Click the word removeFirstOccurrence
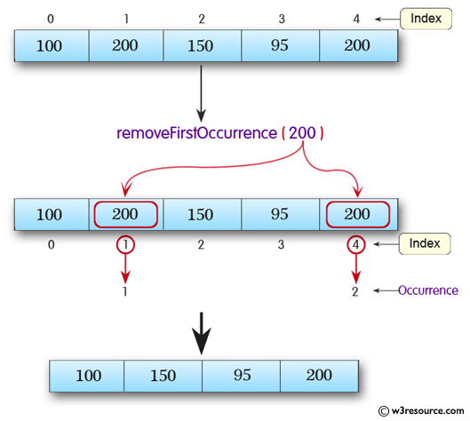coord(196,133)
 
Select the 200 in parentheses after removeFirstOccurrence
coord(302,133)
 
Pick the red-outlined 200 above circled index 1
coord(125,215)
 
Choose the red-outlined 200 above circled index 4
coord(356,215)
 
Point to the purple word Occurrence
coord(427,290)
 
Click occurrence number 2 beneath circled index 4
coord(356,291)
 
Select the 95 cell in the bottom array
coord(242,375)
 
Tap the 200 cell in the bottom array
coord(318,375)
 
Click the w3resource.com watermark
coord(419,411)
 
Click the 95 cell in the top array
coord(279,45)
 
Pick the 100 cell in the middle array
coord(50,215)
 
